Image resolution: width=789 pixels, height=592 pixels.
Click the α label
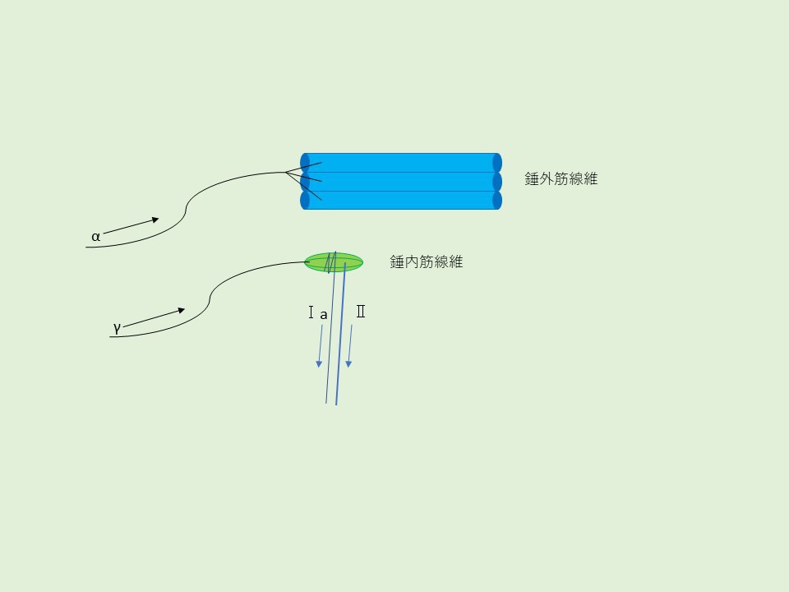[95, 237]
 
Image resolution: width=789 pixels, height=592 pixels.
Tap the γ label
[117, 327]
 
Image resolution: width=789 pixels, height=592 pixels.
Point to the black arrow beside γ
[155, 317]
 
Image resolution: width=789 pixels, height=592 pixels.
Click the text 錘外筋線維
[561, 178]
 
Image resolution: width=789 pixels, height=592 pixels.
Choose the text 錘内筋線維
[426, 263]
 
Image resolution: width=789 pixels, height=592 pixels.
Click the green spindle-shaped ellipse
[334, 262]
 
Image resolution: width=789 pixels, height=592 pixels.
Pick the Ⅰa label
[317, 313]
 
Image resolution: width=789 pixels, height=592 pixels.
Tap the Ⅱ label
[360, 312]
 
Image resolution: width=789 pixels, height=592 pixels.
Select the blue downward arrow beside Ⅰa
[319, 346]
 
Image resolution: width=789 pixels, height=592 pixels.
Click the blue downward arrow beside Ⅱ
[349, 346]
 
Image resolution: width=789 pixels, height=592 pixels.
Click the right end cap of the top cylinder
[496, 163]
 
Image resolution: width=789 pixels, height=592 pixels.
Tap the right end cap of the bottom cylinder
[496, 201]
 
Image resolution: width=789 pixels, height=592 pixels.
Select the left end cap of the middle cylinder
[305, 182]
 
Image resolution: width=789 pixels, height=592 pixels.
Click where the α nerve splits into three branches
[285, 173]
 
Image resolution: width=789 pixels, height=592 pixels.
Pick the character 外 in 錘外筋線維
[547, 178]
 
